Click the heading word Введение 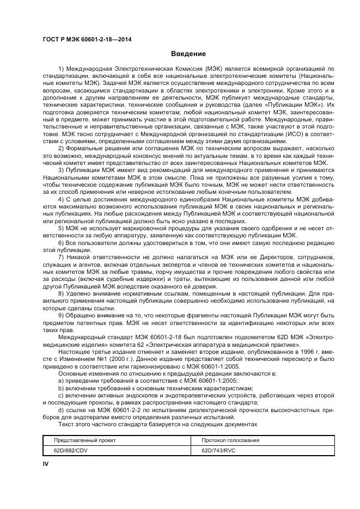(188, 54)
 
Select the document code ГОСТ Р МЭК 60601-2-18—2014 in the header (87, 39)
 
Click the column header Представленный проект (84, 439)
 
